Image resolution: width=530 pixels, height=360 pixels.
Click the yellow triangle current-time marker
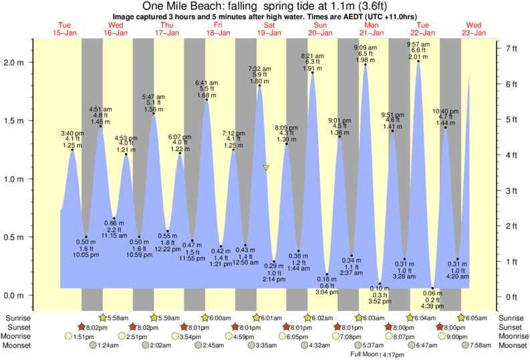pos(266,168)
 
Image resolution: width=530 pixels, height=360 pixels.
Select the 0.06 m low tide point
pos(432,288)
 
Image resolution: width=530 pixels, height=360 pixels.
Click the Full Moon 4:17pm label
pos(378,355)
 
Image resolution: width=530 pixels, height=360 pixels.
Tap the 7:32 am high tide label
pos(259,68)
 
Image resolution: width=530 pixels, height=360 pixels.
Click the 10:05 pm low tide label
pos(86,254)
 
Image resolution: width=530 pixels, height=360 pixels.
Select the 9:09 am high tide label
pos(365,47)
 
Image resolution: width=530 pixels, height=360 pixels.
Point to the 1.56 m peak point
pos(154,114)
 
